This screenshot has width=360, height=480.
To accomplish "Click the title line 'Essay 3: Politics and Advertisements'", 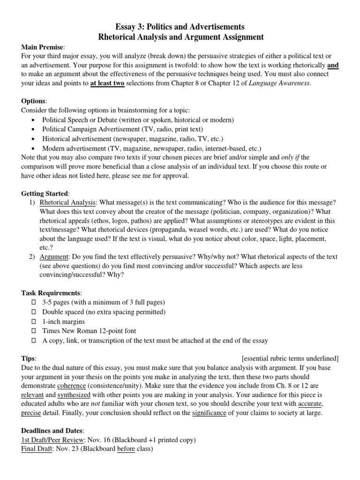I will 180,27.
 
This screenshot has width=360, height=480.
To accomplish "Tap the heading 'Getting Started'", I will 45,193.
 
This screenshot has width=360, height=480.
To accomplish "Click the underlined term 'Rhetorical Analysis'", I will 68,202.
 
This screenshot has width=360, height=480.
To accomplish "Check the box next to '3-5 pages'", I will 33,302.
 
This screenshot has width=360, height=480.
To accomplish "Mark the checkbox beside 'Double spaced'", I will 33,312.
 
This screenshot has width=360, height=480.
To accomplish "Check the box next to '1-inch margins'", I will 33,321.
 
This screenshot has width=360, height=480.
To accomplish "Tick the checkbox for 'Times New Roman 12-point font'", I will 33,330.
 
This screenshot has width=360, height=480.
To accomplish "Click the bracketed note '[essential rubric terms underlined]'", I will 290,358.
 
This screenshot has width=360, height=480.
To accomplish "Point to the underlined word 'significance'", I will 210,413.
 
